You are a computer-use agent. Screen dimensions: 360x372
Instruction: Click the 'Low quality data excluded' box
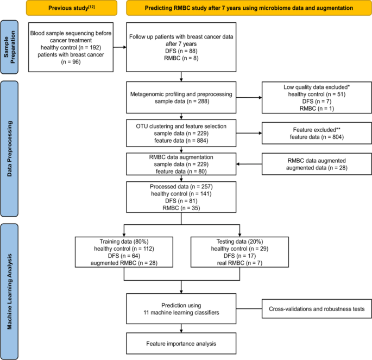312,98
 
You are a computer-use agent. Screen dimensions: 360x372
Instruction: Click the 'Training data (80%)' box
124,251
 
